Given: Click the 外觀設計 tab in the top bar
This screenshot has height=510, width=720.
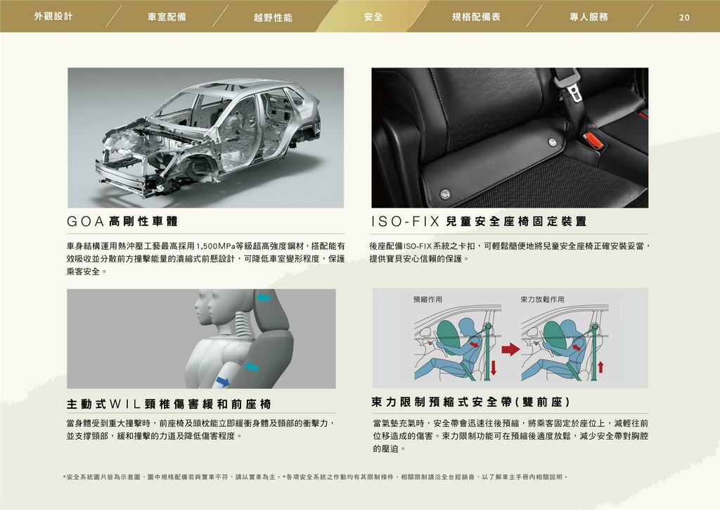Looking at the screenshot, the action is coord(53,17).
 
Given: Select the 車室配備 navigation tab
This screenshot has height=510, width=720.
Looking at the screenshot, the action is coord(167,17).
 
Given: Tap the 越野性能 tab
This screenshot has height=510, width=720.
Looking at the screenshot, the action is coord(273,18).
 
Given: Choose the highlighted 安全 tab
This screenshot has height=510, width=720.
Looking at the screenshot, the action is coord(373,17).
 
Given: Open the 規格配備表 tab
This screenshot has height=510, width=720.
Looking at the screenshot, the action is coord(476,17).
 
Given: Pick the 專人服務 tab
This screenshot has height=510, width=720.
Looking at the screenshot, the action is coord(589,17).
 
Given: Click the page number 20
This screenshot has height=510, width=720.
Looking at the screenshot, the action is coord(684,18).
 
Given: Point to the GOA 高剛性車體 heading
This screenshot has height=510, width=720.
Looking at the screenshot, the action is coord(122,222).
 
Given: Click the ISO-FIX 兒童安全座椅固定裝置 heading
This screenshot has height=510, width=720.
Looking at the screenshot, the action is coord(479,222).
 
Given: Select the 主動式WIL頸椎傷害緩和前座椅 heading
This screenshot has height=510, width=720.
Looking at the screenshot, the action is coord(169,404).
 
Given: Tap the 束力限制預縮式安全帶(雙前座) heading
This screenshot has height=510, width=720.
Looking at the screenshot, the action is coord(470,402).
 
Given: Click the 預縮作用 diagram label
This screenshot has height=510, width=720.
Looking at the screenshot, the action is coord(427,300).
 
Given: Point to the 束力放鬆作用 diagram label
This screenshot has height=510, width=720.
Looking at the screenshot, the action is coord(542,300).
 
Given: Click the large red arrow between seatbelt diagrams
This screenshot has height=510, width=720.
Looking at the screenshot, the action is coord(510,349).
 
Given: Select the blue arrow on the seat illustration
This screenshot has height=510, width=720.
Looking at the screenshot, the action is coord(223,381).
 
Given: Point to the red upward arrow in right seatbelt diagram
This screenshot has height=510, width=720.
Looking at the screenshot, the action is coord(600,367).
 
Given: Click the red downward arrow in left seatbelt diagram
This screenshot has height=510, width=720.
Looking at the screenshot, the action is coord(494,367).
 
